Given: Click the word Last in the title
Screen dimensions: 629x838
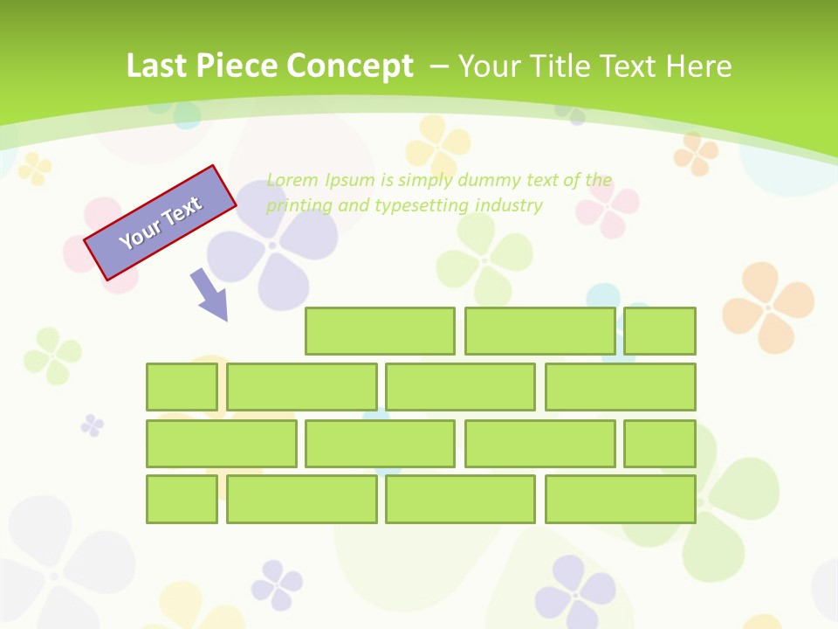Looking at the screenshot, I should pos(158,66).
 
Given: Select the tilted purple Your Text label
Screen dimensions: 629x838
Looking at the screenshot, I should pos(161,223).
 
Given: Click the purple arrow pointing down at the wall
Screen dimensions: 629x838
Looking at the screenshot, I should pos(209,294).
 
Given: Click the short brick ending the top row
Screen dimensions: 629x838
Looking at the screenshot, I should pos(660,331).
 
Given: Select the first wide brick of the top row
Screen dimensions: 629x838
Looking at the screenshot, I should pos(380,331).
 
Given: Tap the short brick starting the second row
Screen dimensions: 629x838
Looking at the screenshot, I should pos(182,387).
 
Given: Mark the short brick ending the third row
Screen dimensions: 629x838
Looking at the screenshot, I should pos(660,444).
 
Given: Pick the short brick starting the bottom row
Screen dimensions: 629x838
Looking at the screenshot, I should pos(182,500).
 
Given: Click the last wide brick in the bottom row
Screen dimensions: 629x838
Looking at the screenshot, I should pos(621,500).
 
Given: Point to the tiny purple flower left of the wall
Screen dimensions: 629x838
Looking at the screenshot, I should pos(92,425).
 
